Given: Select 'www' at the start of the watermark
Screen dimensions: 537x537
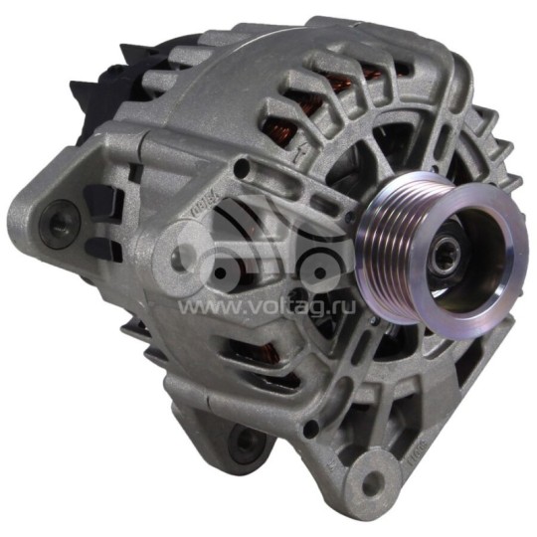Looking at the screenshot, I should tap(200, 307).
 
